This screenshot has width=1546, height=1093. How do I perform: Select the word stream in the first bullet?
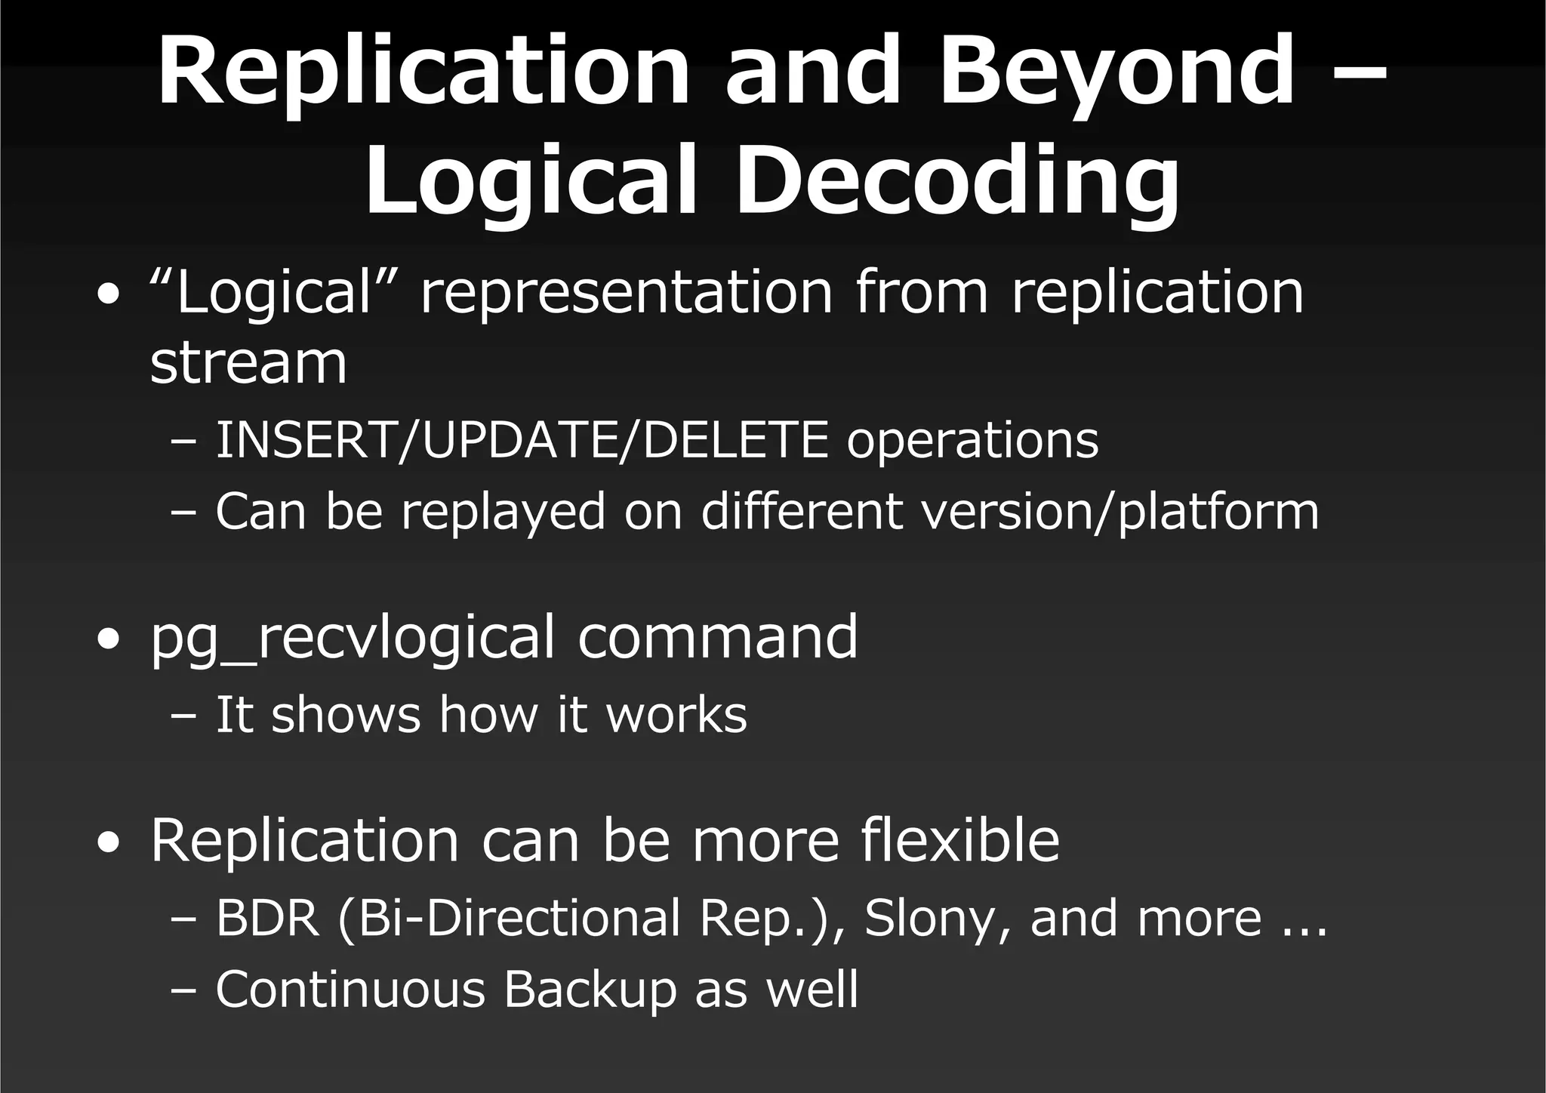248,363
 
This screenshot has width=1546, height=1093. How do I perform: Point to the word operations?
972,442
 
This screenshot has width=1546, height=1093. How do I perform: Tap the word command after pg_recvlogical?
718,638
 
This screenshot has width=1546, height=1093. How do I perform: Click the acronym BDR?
268,919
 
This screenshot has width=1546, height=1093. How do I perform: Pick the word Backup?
590,990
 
